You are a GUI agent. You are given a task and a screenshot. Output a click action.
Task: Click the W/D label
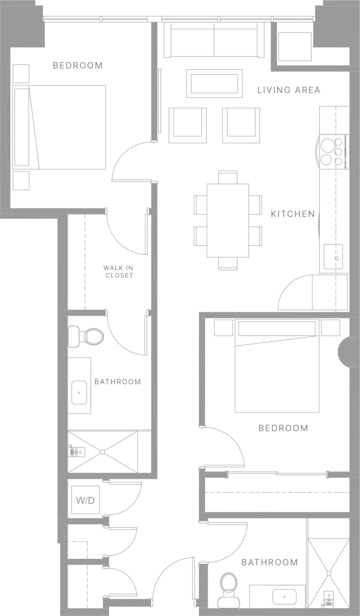(x=84, y=501)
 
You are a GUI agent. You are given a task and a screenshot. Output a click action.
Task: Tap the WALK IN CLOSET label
(x=119, y=272)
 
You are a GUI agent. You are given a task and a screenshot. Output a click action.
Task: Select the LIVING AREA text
(x=289, y=90)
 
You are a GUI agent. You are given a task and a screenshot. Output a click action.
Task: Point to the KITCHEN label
(x=292, y=214)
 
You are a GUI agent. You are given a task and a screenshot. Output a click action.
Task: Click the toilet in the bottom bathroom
(x=228, y=589)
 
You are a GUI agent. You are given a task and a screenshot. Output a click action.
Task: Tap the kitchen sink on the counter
(x=333, y=257)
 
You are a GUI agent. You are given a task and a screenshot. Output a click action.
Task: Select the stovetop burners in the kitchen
(x=331, y=152)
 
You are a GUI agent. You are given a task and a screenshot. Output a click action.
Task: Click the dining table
(x=228, y=220)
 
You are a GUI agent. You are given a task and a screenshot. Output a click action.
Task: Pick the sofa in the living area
(x=214, y=40)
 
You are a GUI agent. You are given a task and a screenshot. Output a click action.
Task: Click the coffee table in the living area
(x=214, y=83)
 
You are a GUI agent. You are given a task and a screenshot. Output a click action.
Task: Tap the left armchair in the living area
(x=187, y=125)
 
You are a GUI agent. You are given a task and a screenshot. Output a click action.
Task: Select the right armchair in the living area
(x=241, y=125)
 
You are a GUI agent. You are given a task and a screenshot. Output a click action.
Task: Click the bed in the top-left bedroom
(x=59, y=127)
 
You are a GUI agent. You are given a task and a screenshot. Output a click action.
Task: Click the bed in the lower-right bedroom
(x=277, y=365)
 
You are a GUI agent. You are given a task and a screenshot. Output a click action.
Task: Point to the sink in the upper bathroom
(x=80, y=393)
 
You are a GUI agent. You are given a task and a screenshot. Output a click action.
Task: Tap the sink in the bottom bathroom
(x=284, y=596)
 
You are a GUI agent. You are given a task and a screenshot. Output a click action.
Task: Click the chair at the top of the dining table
(x=228, y=177)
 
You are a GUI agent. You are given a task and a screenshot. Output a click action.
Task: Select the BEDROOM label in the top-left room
(x=77, y=65)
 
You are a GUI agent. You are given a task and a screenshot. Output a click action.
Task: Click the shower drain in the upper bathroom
(x=102, y=452)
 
